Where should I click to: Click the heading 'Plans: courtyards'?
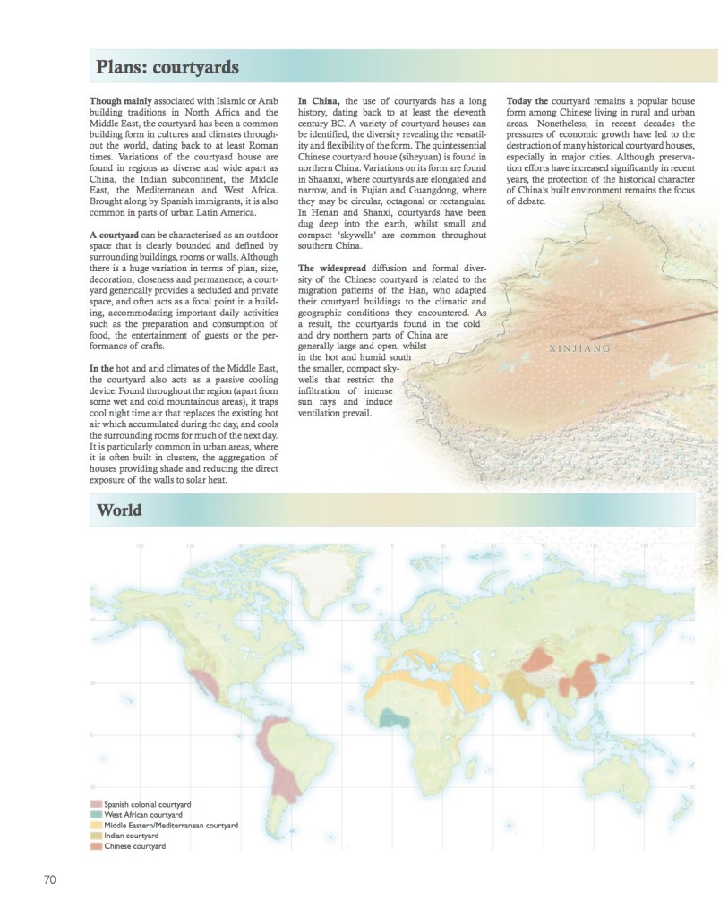click(168, 66)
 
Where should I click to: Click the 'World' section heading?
click(119, 510)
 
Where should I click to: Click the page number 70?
click(50, 879)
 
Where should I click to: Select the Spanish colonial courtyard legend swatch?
click(96, 805)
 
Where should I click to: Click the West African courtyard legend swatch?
click(96, 815)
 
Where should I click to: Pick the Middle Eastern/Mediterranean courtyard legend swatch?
click(96, 825)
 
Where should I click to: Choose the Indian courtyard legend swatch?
click(96, 836)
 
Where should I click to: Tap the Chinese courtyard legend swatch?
click(96, 845)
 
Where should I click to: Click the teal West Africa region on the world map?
click(392, 717)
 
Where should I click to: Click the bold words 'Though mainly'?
click(118, 101)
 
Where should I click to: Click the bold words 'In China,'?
click(318, 101)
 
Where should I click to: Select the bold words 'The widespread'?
click(330, 268)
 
